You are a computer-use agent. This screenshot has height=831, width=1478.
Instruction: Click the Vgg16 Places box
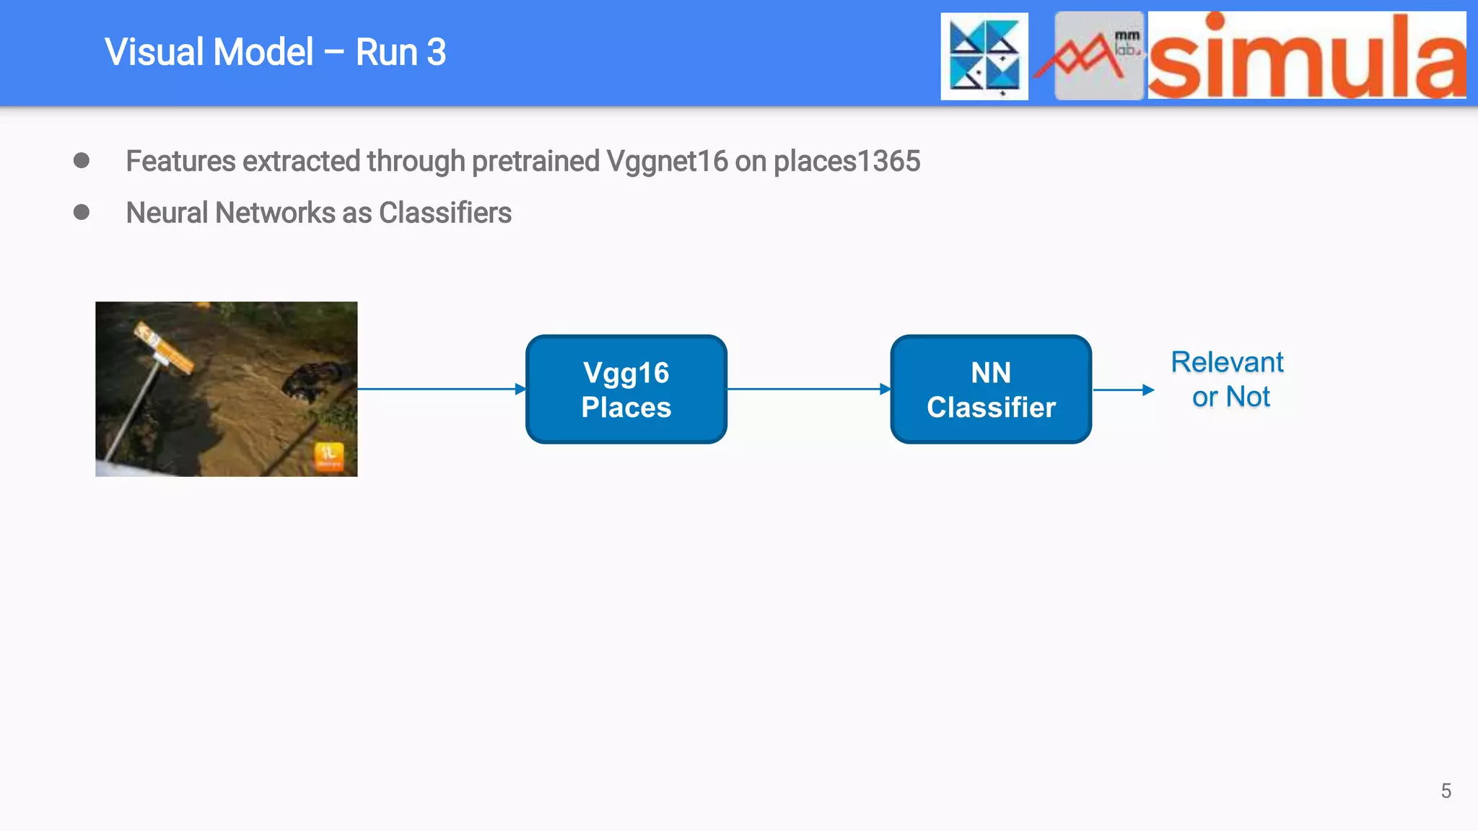click(626, 390)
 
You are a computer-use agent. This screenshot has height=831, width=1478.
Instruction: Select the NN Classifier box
click(990, 390)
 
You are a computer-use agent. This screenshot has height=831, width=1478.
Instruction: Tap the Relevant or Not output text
click(1228, 379)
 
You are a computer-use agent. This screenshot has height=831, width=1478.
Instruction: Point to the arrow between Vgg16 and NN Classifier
click(808, 389)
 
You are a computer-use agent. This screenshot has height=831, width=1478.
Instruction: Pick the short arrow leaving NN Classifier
click(1123, 390)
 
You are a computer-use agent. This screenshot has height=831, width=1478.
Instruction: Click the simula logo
click(1306, 56)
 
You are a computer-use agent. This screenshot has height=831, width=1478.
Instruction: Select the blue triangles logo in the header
click(984, 56)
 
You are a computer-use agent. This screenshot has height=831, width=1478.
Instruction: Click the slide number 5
click(1446, 791)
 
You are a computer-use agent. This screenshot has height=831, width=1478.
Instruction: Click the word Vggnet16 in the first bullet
click(667, 162)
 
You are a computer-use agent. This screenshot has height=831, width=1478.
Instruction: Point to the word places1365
click(847, 162)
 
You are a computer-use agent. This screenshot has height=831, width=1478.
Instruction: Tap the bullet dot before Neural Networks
click(82, 212)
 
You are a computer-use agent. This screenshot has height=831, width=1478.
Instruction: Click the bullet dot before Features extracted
click(82, 160)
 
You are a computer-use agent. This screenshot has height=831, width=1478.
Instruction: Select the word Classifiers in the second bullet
click(445, 214)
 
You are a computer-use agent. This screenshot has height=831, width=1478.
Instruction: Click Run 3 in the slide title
click(401, 53)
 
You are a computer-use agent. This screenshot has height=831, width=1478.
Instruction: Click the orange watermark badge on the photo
click(328, 456)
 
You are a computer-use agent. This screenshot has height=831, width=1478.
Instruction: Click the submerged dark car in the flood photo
click(312, 380)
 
